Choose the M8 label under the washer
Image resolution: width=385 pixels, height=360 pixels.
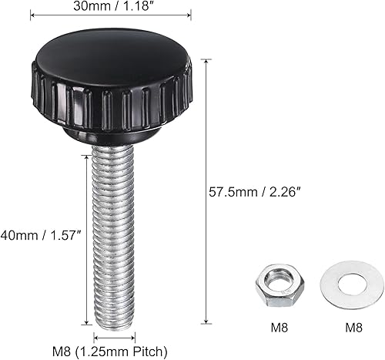[353, 327]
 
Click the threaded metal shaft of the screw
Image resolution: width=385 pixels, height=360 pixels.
[114, 231]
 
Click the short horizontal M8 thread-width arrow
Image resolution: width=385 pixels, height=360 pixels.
[115, 336]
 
